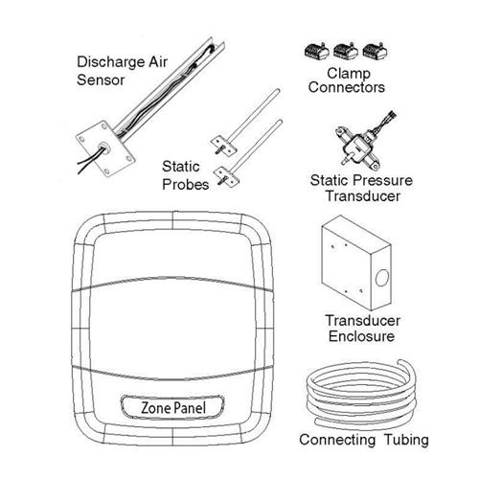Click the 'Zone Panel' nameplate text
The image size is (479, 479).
[x=173, y=408]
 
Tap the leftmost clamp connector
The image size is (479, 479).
[x=317, y=51]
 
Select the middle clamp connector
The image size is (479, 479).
[x=346, y=51]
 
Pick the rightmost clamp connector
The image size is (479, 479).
[x=375, y=51]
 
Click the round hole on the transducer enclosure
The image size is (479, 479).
[x=382, y=278]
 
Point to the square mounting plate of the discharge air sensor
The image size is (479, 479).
[x=105, y=148]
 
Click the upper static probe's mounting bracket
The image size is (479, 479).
[x=223, y=146]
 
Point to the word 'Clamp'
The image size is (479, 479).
[x=349, y=74]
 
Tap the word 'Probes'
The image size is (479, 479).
[x=186, y=185]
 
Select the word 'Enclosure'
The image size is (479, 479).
[x=361, y=336]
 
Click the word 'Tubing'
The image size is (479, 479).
[x=406, y=440]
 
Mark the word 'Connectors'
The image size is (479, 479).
[x=347, y=87]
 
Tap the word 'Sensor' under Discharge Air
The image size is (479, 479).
[x=101, y=80]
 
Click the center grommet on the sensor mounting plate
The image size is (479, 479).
[x=103, y=148]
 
